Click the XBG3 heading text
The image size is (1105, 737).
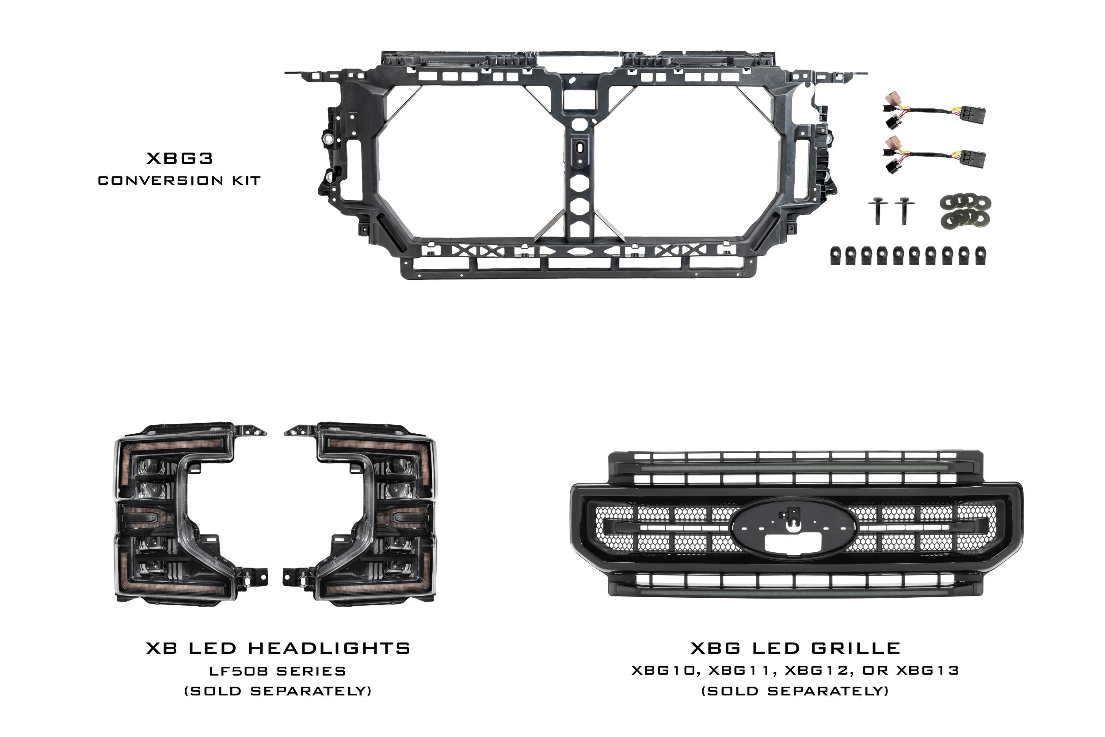tap(180, 158)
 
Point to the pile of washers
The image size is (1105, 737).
tap(965, 210)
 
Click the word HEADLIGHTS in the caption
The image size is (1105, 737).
tap(329, 649)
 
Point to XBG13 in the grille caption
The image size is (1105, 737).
tap(927, 670)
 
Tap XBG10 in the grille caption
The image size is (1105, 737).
tap(663, 670)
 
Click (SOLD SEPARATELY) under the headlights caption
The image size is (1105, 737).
tap(278, 691)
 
